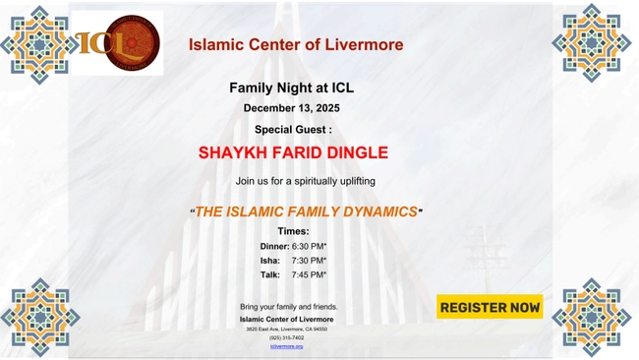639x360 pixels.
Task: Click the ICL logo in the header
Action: point(117,42)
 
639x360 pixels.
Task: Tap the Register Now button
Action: point(490,307)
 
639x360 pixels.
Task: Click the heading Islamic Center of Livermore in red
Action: point(296,44)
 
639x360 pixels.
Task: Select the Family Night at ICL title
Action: point(291,88)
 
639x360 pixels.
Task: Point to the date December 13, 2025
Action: point(291,108)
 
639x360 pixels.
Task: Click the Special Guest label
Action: point(293,129)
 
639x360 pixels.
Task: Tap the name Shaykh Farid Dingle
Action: point(293,152)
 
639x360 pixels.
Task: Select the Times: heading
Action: point(293,230)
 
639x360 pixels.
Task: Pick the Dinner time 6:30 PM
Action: point(309,245)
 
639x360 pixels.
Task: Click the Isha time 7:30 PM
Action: point(309,260)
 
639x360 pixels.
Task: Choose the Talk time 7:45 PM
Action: point(309,274)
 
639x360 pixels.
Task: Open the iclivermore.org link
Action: point(286,346)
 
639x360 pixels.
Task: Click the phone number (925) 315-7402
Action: point(286,337)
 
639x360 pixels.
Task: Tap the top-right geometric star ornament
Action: point(591,42)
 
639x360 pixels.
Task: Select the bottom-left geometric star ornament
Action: point(39,317)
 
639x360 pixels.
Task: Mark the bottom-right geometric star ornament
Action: point(591,317)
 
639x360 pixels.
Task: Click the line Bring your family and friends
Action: point(288,307)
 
